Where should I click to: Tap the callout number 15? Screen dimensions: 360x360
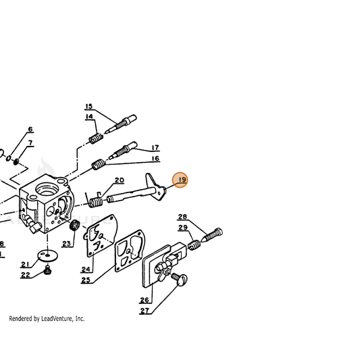point(89,107)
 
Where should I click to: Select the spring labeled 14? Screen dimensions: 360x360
point(96,138)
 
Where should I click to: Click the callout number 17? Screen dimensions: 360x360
point(155,147)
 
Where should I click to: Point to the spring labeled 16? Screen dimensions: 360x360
point(99,164)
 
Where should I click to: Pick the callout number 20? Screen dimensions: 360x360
point(120,180)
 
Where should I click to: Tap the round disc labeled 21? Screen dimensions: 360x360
point(47,255)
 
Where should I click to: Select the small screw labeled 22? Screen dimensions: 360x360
point(47,270)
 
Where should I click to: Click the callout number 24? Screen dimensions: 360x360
point(86,269)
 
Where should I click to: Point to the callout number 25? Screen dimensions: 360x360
point(86,280)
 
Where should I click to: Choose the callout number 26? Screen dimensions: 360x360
point(145,300)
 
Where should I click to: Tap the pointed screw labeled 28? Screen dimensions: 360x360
point(211,235)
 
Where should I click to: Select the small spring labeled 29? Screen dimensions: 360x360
point(195,245)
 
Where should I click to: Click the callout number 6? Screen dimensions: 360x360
point(30,129)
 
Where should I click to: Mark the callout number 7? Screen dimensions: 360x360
point(30,143)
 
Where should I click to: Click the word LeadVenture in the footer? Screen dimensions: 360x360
point(57,319)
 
